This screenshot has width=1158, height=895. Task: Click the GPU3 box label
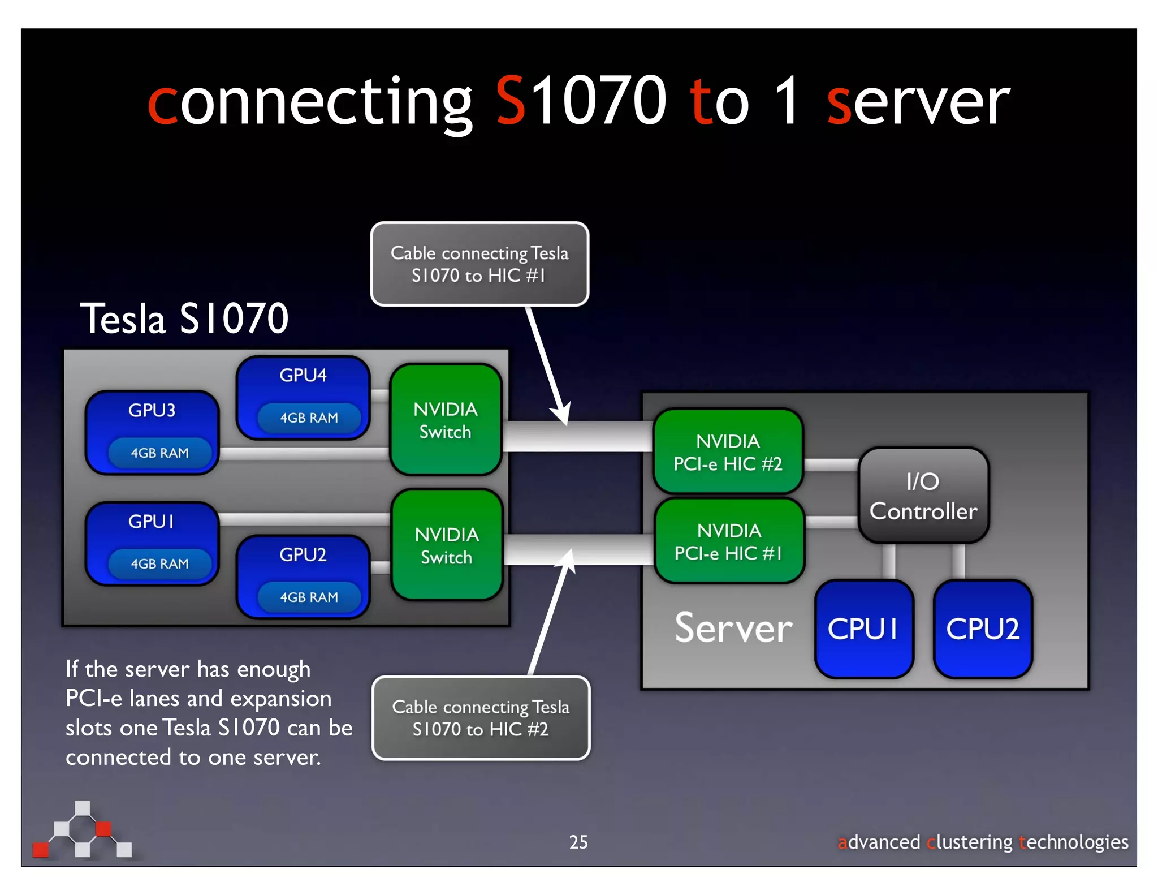pyautogui.click(x=152, y=410)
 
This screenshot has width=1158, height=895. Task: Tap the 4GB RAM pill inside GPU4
pyautogui.click(x=309, y=418)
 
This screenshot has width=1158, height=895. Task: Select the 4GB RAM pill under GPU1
pyautogui.click(x=159, y=563)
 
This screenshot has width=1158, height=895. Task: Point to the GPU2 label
pyautogui.click(x=303, y=554)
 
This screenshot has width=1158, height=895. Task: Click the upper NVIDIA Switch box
pyautogui.click(x=446, y=420)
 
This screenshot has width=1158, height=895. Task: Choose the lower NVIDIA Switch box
pyautogui.click(x=447, y=545)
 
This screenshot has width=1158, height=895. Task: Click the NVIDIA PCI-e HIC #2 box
pyautogui.click(x=728, y=452)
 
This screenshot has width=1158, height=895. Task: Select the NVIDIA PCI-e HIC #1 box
pyautogui.click(x=729, y=541)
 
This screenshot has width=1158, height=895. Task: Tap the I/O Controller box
pyautogui.click(x=923, y=496)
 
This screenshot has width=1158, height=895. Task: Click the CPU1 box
pyautogui.click(x=863, y=629)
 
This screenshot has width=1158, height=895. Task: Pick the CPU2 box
pyautogui.click(x=983, y=629)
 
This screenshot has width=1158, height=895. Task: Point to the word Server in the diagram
pyautogui.click(x=733, y=628)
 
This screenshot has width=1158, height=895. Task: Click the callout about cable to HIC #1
pyautogui.click(x=479, y=264)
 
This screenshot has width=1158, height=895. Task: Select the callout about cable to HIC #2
pyautogui.click(x=481, y=718)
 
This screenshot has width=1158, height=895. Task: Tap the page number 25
pyautogui.click(x=578, y=842)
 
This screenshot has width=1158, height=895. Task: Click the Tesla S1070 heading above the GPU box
pyautogui.click(x=184, y=319)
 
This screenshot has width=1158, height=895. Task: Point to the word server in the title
pyautogui.click(x=918, y=102)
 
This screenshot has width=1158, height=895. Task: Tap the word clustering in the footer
pyautogui.click(x=969, y=842)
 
